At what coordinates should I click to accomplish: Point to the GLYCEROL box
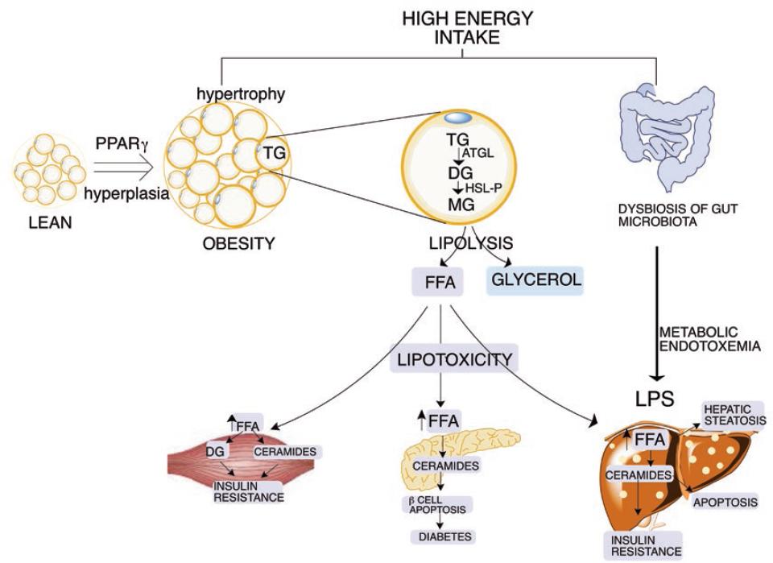coord(535,281)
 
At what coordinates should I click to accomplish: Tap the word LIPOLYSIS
coord(461,242)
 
